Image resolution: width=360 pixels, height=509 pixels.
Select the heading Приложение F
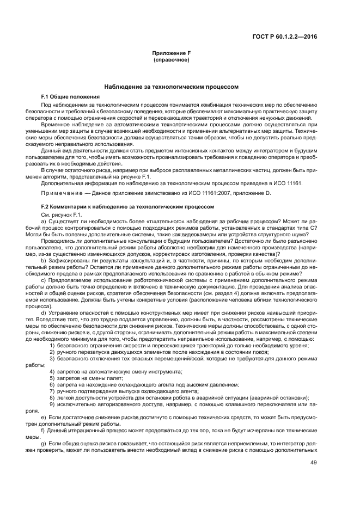coord(171,53)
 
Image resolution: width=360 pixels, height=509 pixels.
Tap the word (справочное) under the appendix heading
coord(171,59)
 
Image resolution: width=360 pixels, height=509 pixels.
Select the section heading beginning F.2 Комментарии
coord(127,207)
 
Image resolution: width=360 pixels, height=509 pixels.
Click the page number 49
coord(313,463)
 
